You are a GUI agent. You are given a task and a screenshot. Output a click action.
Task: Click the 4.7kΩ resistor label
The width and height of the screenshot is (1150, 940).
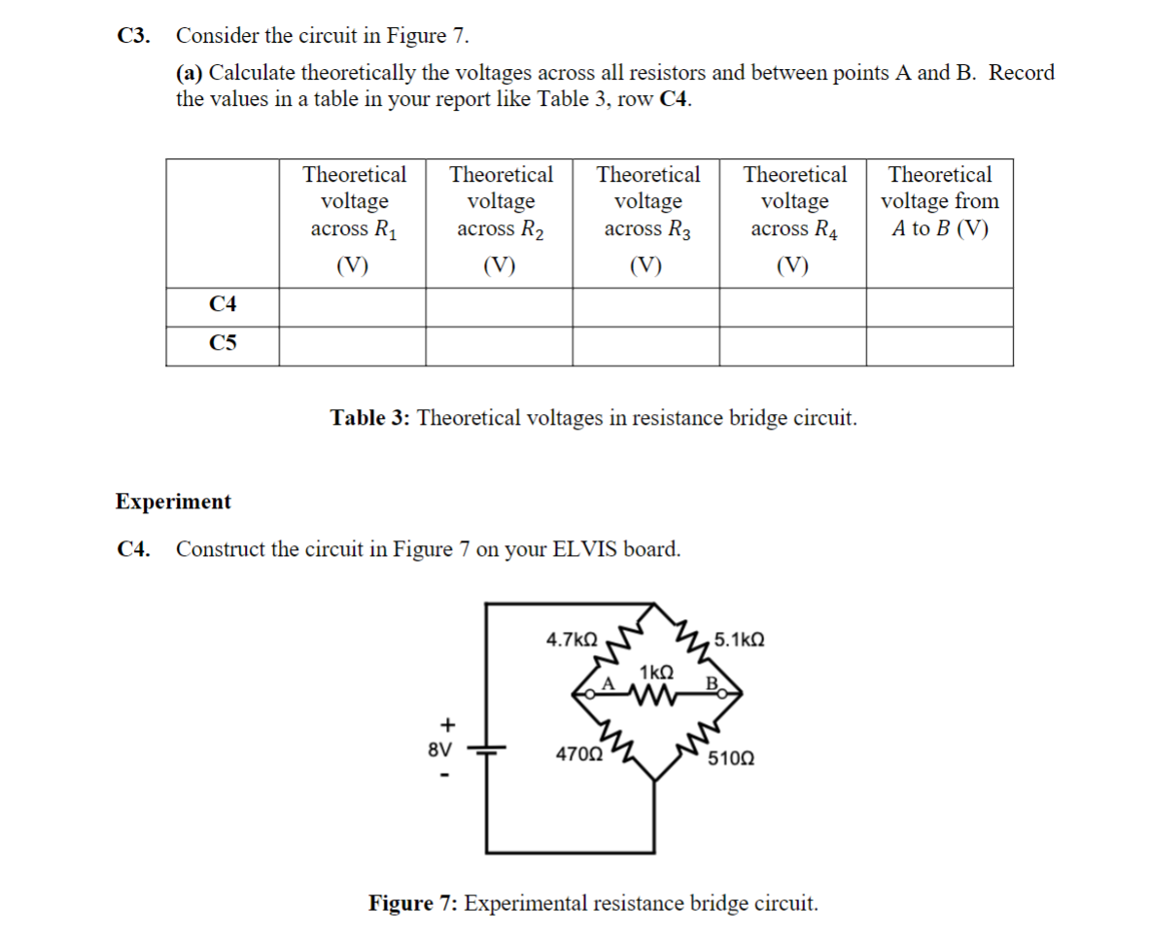pos(572,641)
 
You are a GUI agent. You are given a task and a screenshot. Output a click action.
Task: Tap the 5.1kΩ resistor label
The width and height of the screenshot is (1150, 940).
pos(739,641)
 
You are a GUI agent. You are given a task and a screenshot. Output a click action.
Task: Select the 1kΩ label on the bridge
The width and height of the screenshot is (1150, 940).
pos(656,672)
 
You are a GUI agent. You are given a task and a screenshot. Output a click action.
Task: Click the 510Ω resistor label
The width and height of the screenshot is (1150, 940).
pos(729,758)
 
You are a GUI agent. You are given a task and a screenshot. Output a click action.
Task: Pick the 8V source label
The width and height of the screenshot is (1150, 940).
pos(440,750)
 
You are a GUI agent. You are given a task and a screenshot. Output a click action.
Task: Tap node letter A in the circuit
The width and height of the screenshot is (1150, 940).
pos(610,683)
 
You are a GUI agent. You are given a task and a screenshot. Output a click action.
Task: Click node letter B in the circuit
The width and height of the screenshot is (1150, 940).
pos(711,683)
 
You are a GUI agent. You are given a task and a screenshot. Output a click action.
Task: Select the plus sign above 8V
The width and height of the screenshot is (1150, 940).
pos(447,724)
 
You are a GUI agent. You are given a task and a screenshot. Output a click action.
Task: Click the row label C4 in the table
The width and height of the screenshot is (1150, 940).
pos(223,305)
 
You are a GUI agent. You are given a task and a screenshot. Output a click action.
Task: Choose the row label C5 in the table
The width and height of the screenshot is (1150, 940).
pos(223,343)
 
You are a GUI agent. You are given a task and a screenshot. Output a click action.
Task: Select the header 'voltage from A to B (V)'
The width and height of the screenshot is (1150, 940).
pos(939,201)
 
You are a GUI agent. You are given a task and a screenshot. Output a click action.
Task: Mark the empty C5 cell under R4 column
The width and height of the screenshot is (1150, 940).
pos(793,345)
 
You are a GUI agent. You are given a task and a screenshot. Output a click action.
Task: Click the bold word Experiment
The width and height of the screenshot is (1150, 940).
pos(173,502)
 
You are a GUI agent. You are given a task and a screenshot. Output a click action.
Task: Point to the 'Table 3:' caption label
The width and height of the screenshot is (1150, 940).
pos(370,418)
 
